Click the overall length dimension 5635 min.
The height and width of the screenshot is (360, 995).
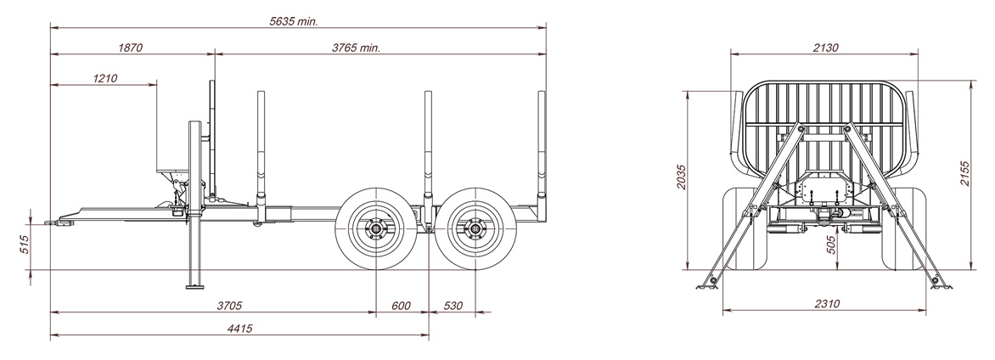tap(293, 21)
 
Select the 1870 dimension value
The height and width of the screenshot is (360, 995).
tap(130, 48)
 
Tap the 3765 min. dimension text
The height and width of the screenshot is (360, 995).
tap(356, 48)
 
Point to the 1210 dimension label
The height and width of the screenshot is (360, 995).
tap(104, 78)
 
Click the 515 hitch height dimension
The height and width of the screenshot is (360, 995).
tap(25, 245)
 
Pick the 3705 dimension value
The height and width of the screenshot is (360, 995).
tap(229, 306)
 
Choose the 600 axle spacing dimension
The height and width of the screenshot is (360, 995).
tap(401, 306)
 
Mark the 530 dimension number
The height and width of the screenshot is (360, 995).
tap(453, 306)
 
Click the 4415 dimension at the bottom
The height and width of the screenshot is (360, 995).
tap(239, 329)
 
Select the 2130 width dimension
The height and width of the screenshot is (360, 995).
tap(825, 48)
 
